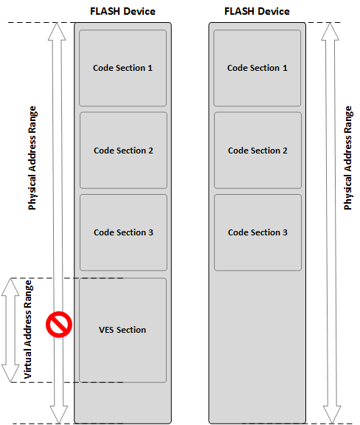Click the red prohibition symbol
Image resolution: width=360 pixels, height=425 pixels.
point(59,324)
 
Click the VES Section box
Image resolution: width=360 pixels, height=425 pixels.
point(122,330)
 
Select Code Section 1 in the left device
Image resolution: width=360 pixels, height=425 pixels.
point(122,68)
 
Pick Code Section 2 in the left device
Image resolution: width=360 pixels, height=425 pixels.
point(123,151)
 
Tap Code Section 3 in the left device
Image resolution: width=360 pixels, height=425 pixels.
point(123,232)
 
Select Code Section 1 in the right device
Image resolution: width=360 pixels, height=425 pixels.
point(257,68)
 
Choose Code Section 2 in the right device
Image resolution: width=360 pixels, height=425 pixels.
point(257,151)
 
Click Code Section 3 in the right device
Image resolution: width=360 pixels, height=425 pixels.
point(257,232)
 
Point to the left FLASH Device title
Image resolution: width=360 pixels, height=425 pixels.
point(122,11)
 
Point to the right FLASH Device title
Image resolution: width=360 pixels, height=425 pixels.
point(257,11)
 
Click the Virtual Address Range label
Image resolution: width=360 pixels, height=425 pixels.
point(28,330)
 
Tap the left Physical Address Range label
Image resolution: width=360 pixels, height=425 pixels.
point(32,158)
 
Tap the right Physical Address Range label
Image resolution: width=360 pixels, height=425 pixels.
point(347,158)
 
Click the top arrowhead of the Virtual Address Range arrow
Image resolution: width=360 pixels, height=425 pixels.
point(10,286)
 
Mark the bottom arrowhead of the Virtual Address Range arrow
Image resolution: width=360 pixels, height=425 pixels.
point(10,374)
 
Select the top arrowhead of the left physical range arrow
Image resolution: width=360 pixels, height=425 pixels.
point(57,32)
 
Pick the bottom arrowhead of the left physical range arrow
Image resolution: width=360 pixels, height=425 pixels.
point(59,415)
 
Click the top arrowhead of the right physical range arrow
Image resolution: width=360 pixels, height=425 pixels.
point(330,32)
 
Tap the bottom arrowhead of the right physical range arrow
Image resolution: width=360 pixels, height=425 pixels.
point(332,415)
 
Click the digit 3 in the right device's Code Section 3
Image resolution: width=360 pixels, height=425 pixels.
point(285,232)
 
